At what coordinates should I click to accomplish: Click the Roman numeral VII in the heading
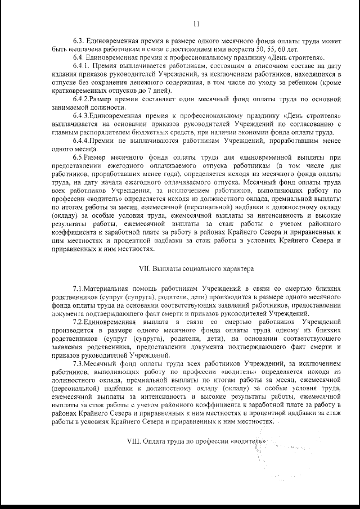tap(145, 268)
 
